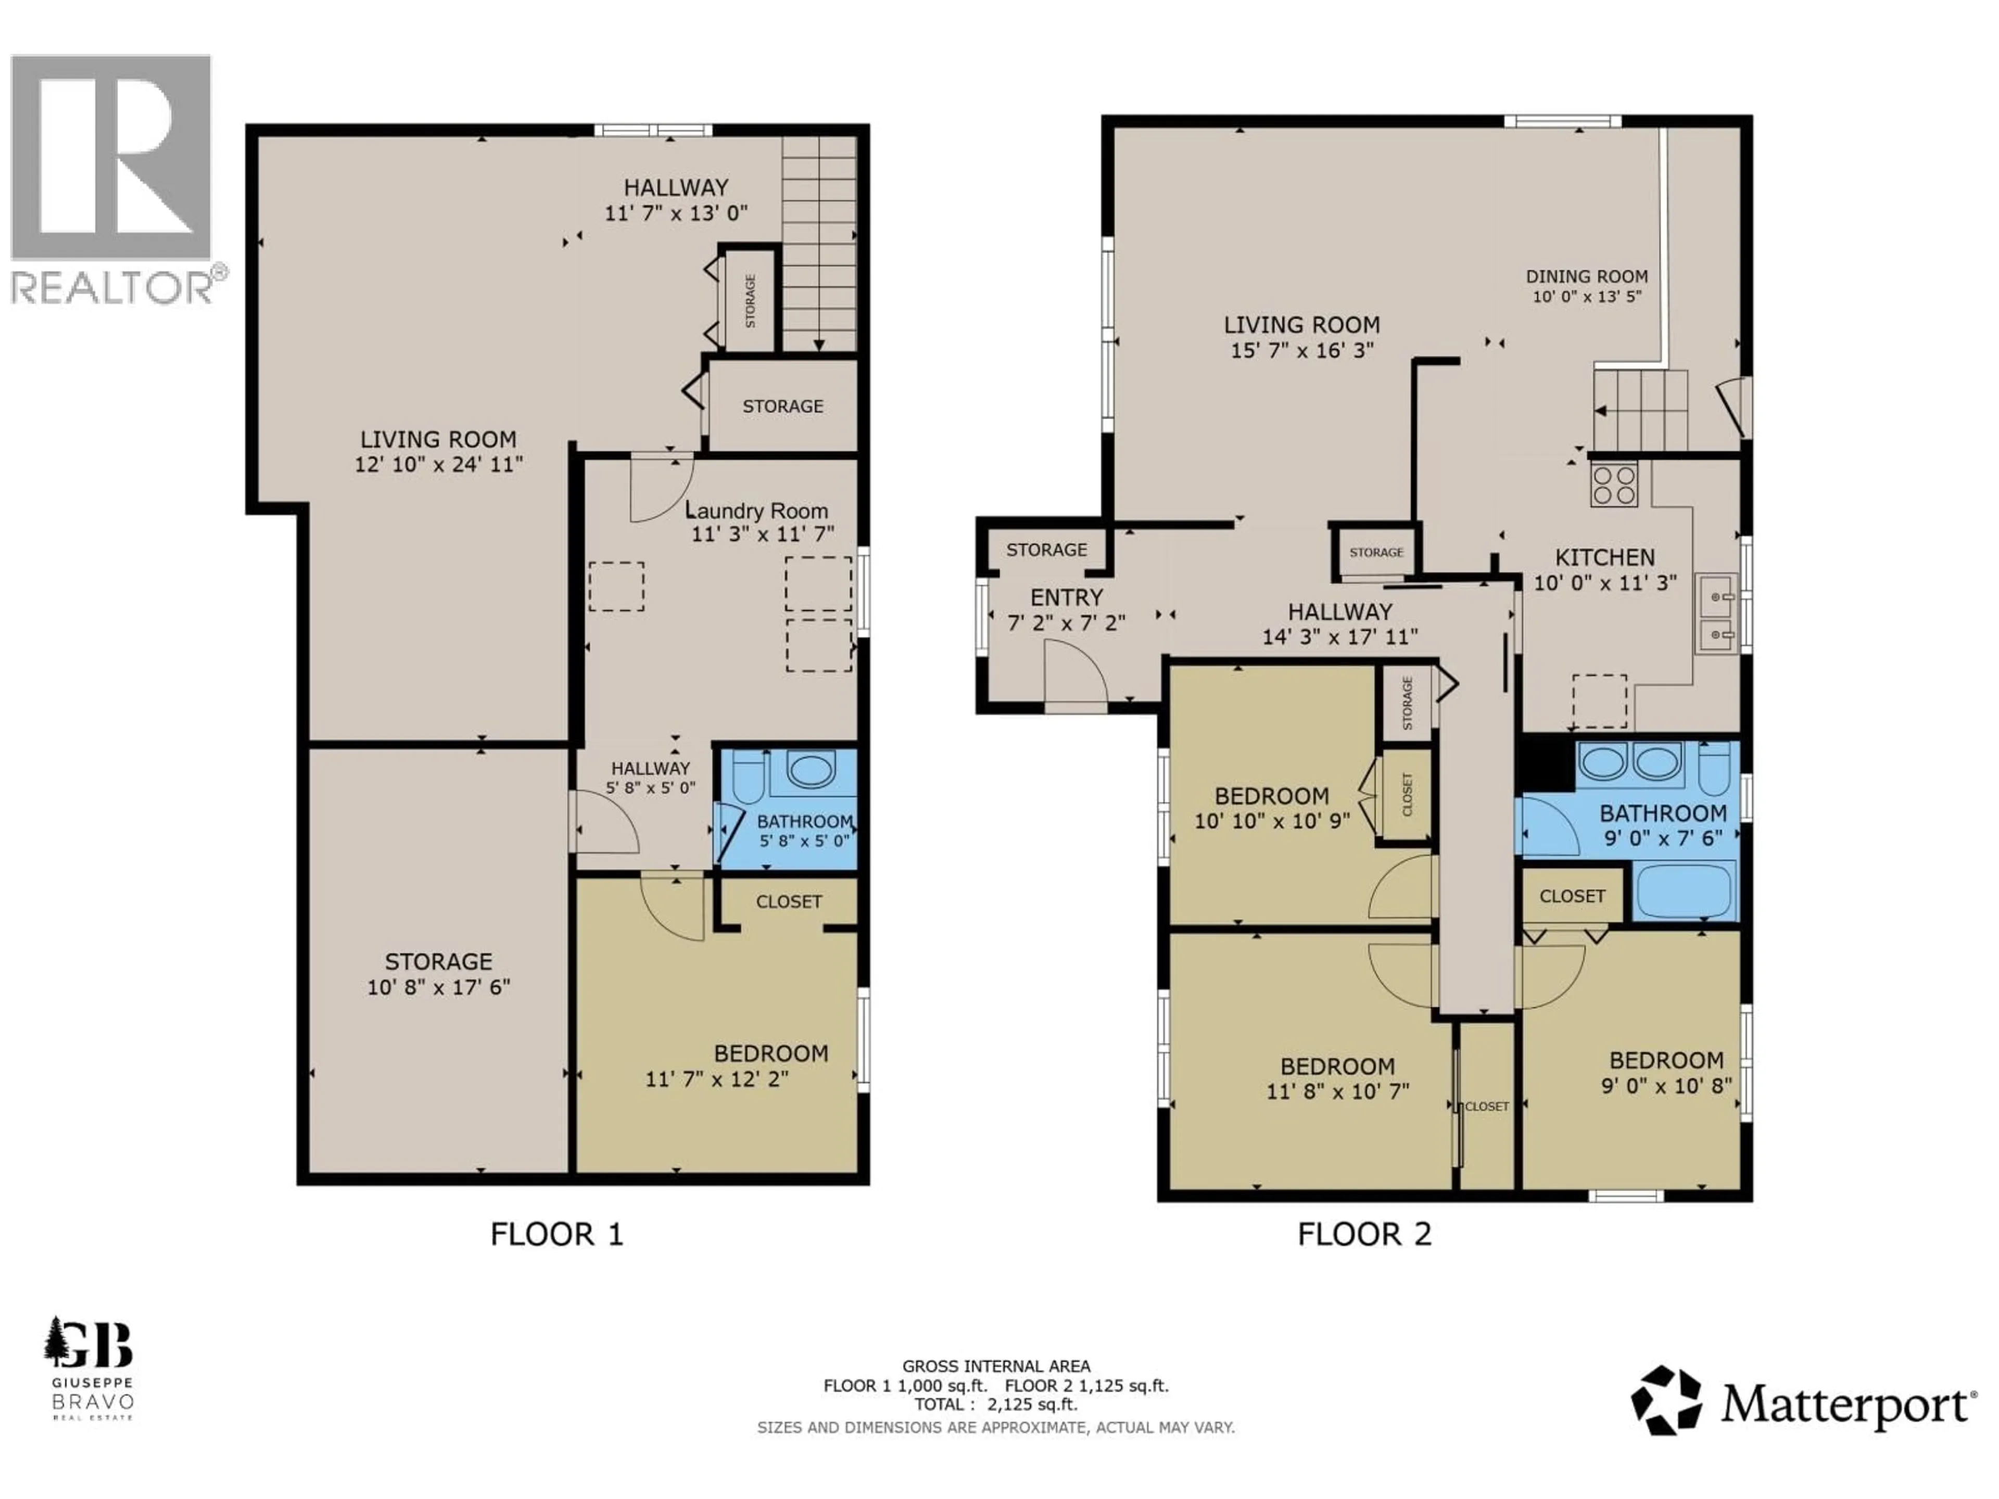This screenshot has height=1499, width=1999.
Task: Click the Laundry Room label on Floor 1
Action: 756,511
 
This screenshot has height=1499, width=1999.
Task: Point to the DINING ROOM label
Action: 1587,276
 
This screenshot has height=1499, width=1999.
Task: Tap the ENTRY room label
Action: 1066,597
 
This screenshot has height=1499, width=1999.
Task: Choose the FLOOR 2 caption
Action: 1364,1234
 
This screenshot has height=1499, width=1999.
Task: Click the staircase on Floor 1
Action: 819,244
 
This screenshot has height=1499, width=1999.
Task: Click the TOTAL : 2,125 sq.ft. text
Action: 995,1404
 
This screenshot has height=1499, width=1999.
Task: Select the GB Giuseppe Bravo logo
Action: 90,1368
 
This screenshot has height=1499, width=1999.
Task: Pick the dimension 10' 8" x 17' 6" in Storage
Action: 439,987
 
